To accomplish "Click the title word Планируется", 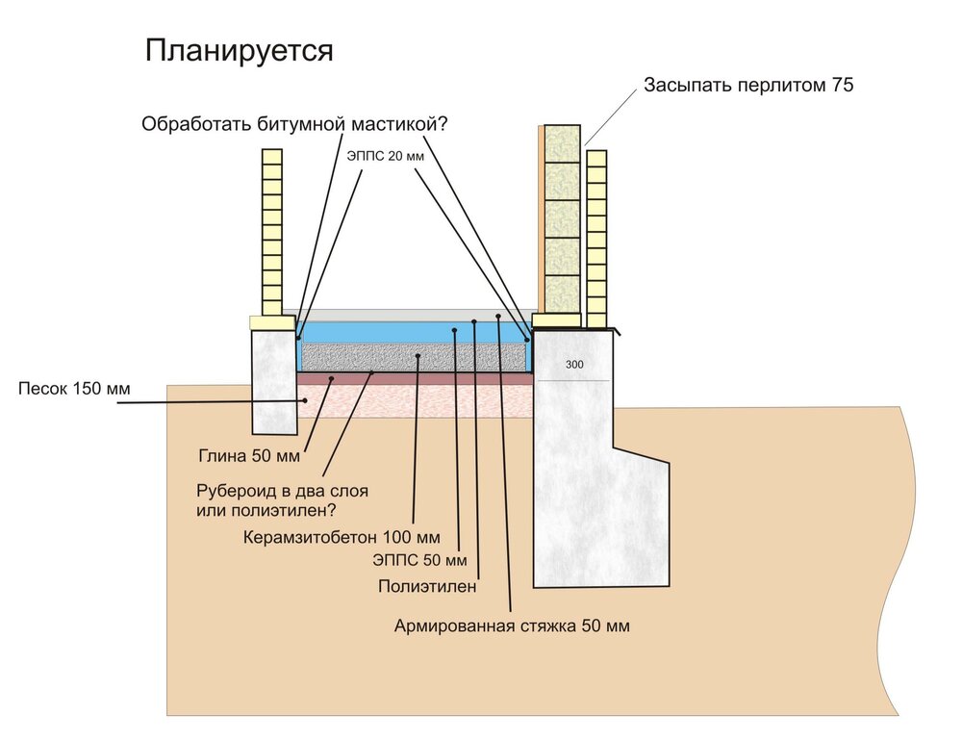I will pyautogui.click(x=239, y=51).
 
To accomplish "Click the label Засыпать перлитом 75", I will pyautogui.click(x=747, y=86).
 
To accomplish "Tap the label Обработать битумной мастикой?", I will pyautogui.click(x=296, y=124).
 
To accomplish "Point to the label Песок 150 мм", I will pyautogui.click(x=73, y=389).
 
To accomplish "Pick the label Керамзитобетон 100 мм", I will pyautogui.click(x=342, y=536).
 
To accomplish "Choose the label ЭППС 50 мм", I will pyautogui.click(x=418, y=560).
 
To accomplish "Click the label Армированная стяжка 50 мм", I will pyautogui.click(x=512, y=625).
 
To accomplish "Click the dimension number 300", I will pyautogui.click(x=574, y=366).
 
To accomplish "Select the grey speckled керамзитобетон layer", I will pyautogui.click(x=416, y=359).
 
